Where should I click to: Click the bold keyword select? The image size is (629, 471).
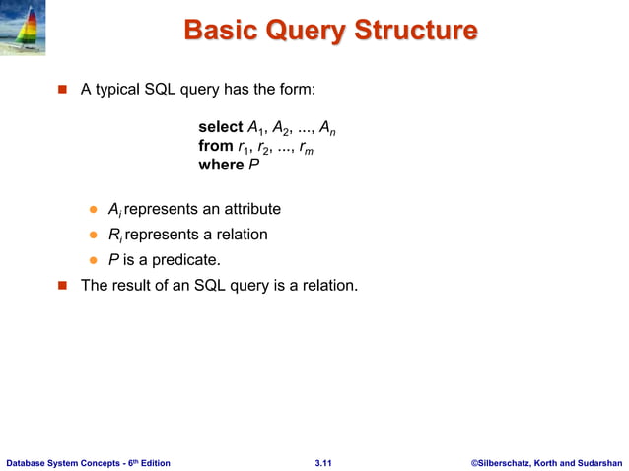pos(220,127)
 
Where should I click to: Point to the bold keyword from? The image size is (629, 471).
pos(216,146)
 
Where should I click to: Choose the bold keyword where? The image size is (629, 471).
pos(221,165)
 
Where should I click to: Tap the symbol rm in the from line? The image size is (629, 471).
pos(306,147)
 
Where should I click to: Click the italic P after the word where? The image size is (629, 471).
pos(253,165)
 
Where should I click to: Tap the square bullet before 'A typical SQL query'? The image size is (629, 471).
pos(60,90)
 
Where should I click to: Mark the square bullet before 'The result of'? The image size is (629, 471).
pos(60,287)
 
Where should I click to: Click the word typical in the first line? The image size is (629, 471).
pos(120,90)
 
